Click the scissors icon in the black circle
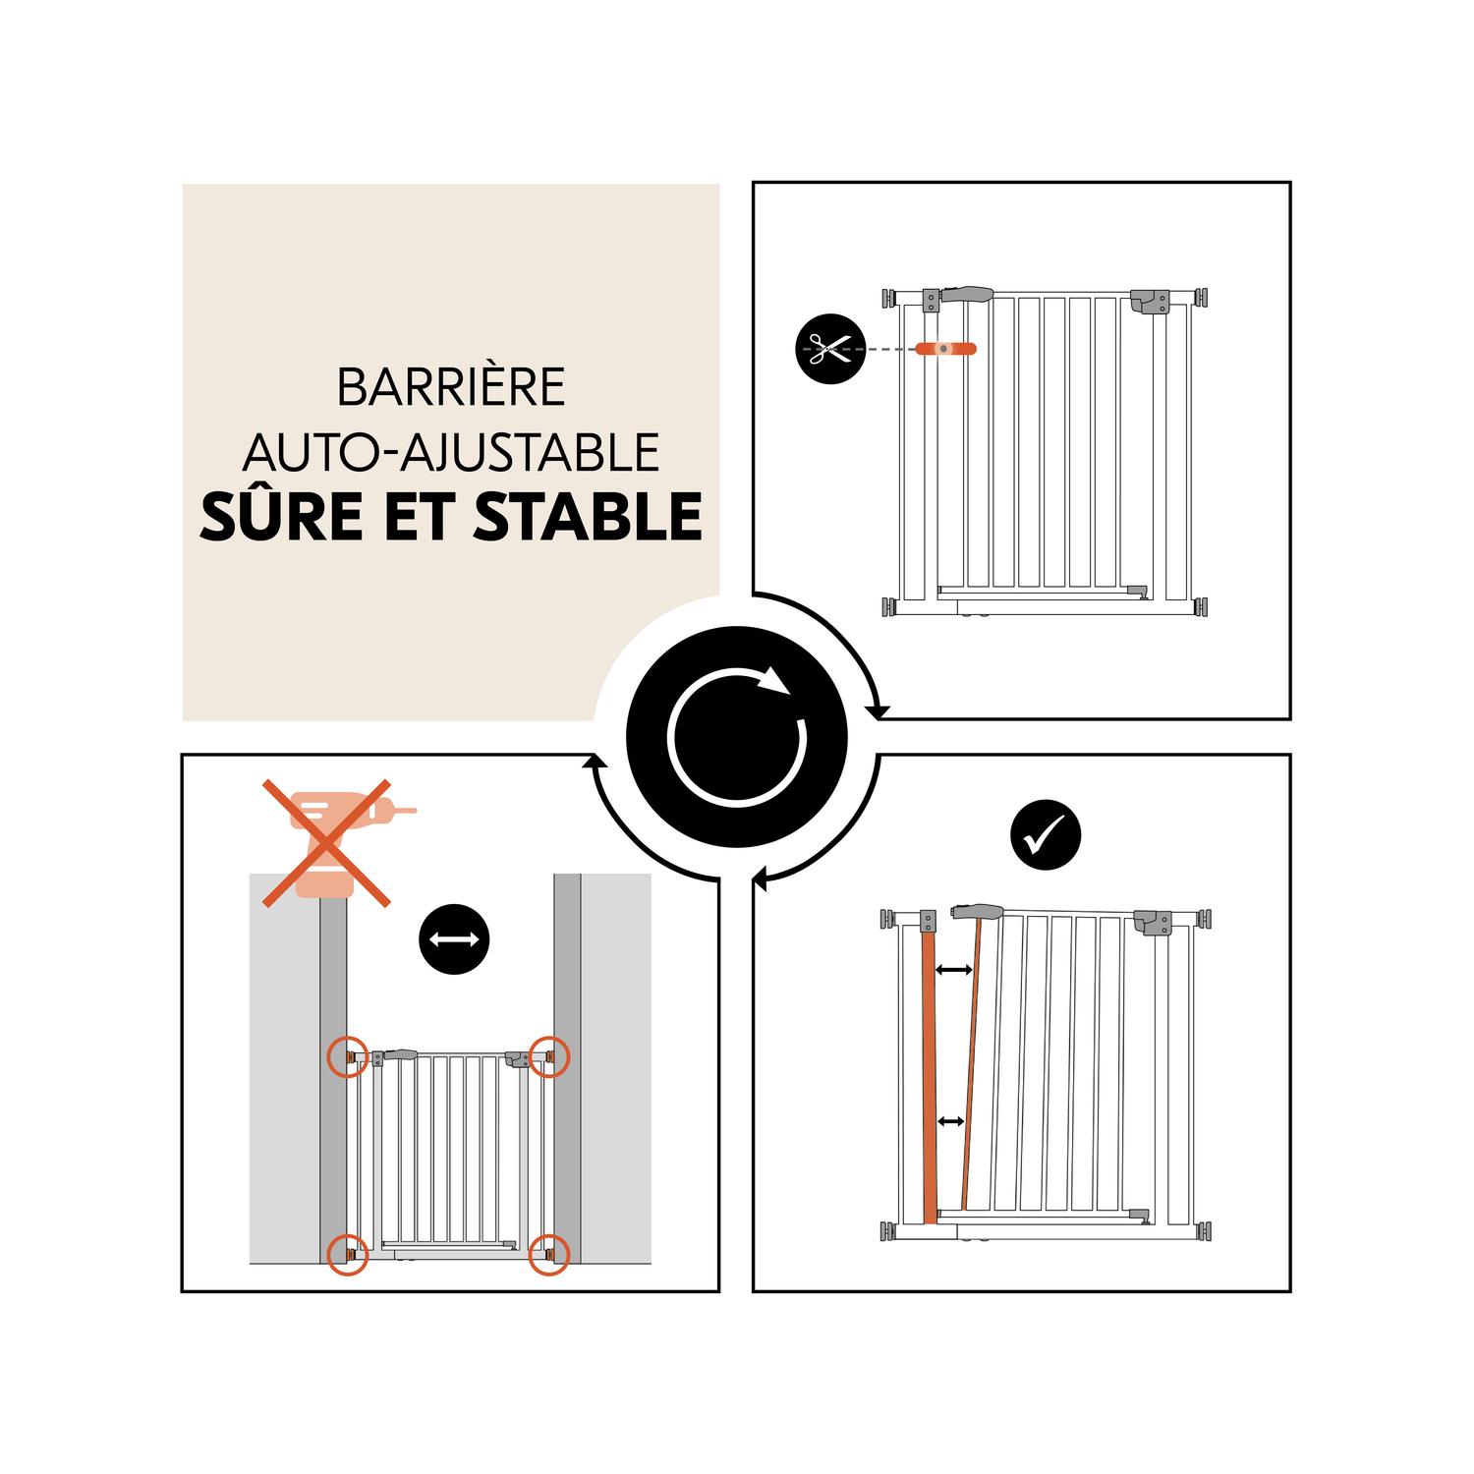pyautogui.click(x=830, y=348)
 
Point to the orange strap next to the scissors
pyautogui.click(x=945, y=348)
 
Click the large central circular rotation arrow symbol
pyautogui.click(x=737, y=737)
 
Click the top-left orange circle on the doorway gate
pyautogui.click(x=348, y=1056)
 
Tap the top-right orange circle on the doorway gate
pyautogui.click(x=550, y=1056)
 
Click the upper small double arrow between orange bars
pyautogui.click(x=953, y=970)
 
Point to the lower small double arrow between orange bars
pyautogui.click(x=950, y=1120)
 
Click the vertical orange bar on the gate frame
pyautogui.click(x=929, y=1077)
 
